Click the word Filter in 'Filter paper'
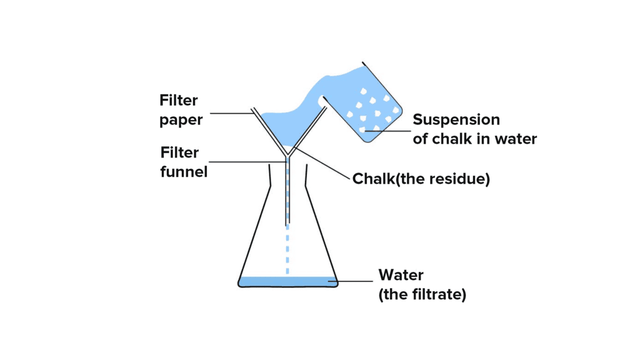tap(179, 101)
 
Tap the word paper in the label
tap(181, 120)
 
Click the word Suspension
tap(456, 119)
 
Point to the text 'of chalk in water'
tap(474, 139)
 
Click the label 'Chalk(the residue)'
tap(421, 179)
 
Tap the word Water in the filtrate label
tap(401, 275)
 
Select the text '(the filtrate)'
tap(422, 294)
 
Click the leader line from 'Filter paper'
tap(231, 113)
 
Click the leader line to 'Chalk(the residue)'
tap(322, 164)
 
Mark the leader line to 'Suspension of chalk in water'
tap(387, 131)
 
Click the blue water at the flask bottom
tap(287, 281)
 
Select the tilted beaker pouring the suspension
tap(369, 106)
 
